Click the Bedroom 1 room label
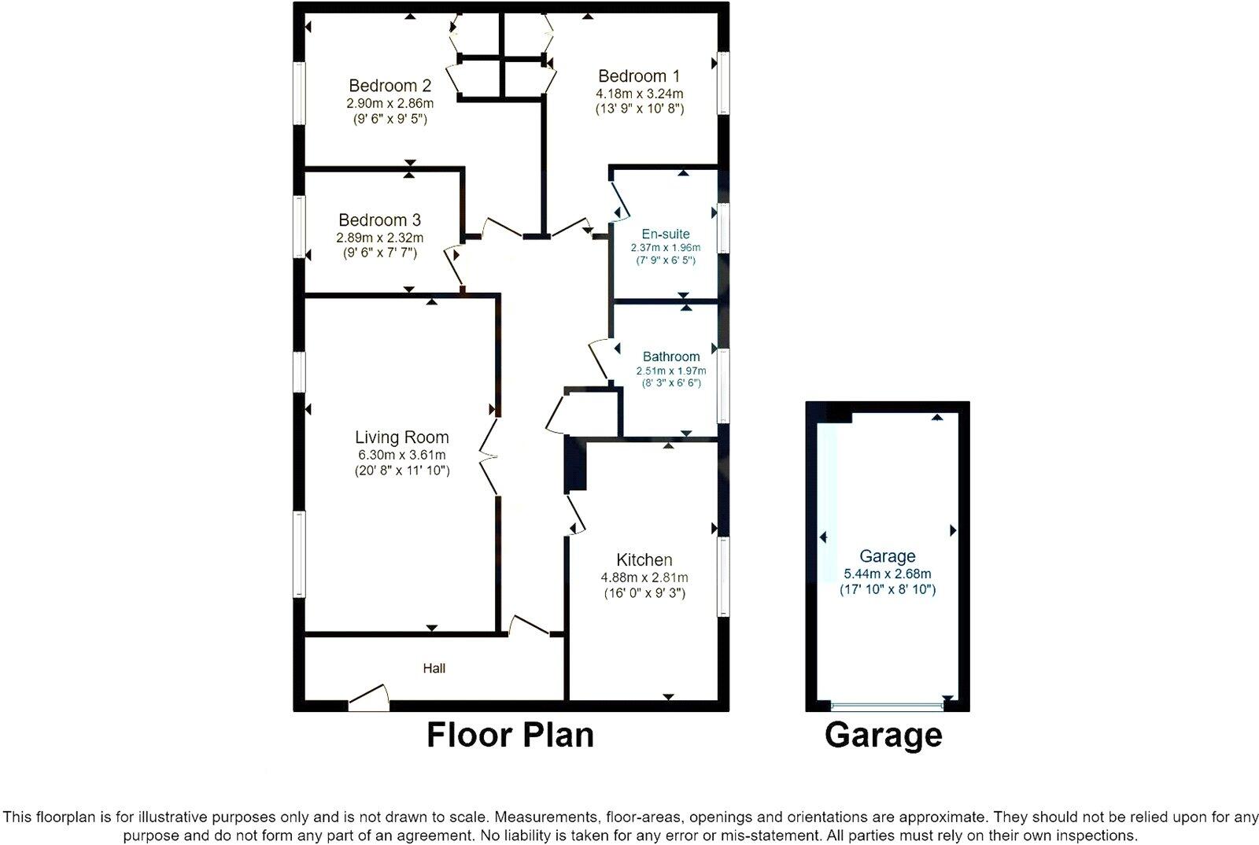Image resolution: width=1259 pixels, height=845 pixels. [x=638, y=76]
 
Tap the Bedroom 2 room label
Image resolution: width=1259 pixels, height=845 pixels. [x=390, y=86]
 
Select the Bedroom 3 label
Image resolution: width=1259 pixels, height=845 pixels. [x=379, y=220]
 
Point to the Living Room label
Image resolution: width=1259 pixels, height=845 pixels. [x=401, y=437]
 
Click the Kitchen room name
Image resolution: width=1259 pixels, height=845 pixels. [x=644, y=560]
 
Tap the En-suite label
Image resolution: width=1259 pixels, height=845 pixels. [x=666, y=234]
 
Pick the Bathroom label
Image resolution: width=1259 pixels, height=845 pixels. [x=670, y=356]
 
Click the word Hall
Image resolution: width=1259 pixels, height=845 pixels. [x=434, y=668]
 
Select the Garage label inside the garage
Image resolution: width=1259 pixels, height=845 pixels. [x=887, y=556]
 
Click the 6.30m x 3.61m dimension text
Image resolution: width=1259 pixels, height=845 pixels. [x=401, y=455]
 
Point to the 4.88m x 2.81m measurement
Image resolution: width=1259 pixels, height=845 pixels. [x=644, y=577]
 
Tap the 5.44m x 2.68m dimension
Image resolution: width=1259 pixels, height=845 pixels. [x=887, y=574]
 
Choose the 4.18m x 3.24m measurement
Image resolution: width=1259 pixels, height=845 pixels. [x=639, y=93]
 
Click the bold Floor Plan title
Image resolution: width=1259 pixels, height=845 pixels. [x=510, y=735]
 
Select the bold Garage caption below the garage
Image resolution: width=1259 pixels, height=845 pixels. [x=883, y=735]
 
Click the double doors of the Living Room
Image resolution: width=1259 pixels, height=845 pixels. [x=489, y=456]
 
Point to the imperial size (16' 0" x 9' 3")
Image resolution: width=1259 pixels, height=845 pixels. [x=644, y=593]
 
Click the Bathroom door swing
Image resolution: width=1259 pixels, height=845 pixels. [x=600, y=358]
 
